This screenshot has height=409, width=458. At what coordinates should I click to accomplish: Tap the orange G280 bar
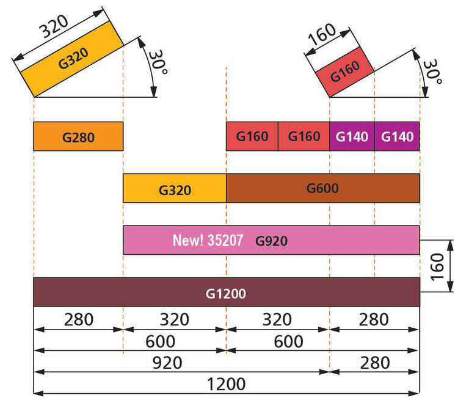tap(78, 137)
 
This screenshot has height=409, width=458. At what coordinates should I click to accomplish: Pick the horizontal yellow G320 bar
tap(175, 189)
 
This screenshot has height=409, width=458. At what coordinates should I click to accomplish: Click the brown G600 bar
tap(322, 188)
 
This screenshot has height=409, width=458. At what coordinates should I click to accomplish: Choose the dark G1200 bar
tap(226, 293)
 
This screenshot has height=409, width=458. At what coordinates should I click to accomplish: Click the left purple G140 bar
tap(352, 136)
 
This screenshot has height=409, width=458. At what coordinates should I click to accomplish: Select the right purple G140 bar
tap(397, 136)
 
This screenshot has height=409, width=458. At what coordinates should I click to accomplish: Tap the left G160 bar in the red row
tap(252, 136)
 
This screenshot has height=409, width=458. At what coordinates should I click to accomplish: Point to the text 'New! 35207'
tap(208, 241)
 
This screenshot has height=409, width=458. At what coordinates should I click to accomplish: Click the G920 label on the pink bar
tap(271, 241)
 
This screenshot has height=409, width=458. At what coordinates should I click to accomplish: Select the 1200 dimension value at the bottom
tap(226, 384)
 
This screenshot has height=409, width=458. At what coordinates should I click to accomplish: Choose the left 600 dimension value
tap(160, 341)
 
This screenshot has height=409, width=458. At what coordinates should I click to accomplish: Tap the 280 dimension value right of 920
tap(374, 363)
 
